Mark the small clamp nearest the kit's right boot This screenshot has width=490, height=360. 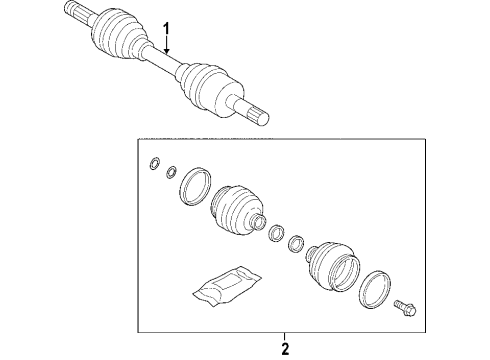297,243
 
